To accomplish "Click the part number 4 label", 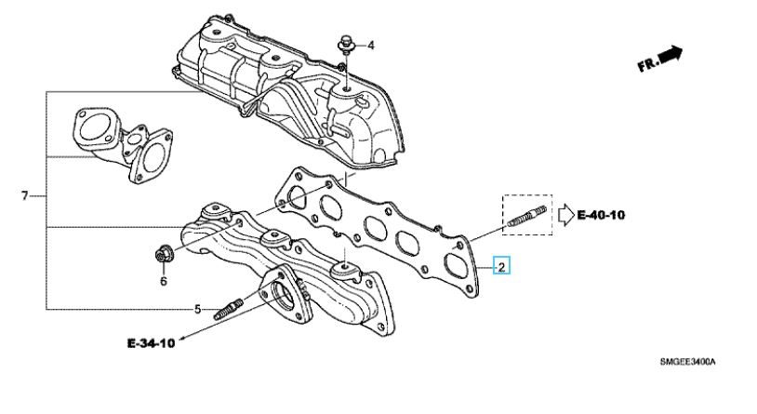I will pos(369,45).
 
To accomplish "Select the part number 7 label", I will pos(25,195).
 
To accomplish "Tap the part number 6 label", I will pos(163,280).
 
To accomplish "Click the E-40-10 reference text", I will pos(601,216).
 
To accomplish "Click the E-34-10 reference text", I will pos(152,343).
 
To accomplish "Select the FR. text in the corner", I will pos(648,64).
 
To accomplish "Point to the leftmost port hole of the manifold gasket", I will pos(297,196).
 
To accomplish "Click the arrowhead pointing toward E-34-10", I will pos(183,337).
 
